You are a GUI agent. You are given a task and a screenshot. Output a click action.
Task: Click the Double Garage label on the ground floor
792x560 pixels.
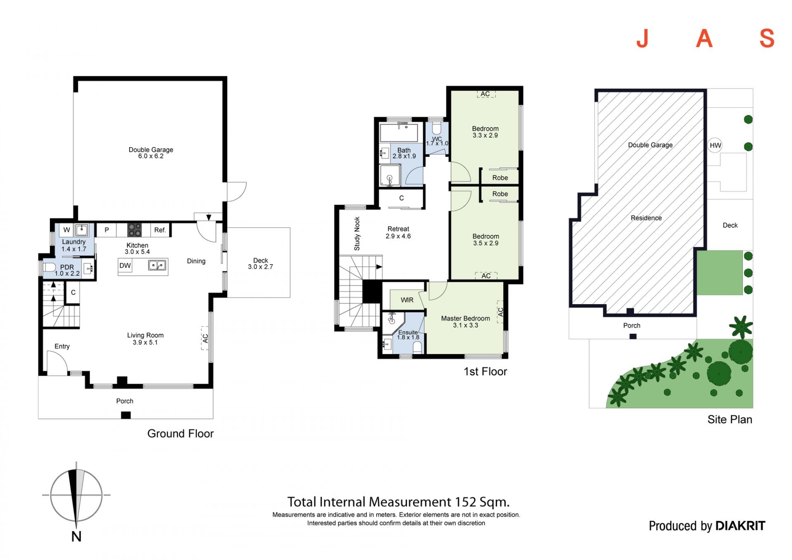pos(151,150)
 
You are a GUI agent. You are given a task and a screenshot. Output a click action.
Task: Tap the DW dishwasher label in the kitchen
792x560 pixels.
pos(125,266)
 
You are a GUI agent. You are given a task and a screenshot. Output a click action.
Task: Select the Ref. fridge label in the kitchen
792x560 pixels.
pos(160,230)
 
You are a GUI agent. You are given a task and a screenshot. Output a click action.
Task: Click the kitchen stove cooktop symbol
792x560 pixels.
pos(134,229)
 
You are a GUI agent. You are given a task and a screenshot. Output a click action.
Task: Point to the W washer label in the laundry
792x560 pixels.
pos(67,230)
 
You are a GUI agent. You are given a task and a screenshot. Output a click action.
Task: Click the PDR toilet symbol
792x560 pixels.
pos(49,267)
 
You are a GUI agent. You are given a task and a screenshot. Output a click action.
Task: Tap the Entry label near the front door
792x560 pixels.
pos(62,346)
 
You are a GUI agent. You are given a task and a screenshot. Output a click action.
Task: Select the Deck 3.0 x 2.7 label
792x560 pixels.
pos(260,264)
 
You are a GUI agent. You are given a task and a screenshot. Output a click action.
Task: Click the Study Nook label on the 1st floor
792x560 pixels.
pos(357,234)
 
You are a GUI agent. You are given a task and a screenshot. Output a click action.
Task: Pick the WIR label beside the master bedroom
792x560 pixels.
pos(407,300)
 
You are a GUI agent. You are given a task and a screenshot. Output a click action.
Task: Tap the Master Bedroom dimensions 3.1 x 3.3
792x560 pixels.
pos(465,325)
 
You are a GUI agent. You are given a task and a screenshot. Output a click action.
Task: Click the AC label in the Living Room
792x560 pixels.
pos(205,338)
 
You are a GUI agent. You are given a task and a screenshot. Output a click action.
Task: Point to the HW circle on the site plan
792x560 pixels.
pos(715,145)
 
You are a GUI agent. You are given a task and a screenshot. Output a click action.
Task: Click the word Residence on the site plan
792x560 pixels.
pos(646,218)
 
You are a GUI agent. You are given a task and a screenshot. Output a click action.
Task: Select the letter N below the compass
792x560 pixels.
pos(76,536)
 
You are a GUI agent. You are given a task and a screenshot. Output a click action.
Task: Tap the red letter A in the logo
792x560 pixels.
pos(705,39)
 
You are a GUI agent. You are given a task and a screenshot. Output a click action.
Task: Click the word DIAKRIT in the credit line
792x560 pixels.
pos(740,526)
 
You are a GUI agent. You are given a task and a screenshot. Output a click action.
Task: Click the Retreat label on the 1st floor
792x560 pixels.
pos(398,229)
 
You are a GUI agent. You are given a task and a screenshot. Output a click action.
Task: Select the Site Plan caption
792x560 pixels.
pos(730,420)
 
